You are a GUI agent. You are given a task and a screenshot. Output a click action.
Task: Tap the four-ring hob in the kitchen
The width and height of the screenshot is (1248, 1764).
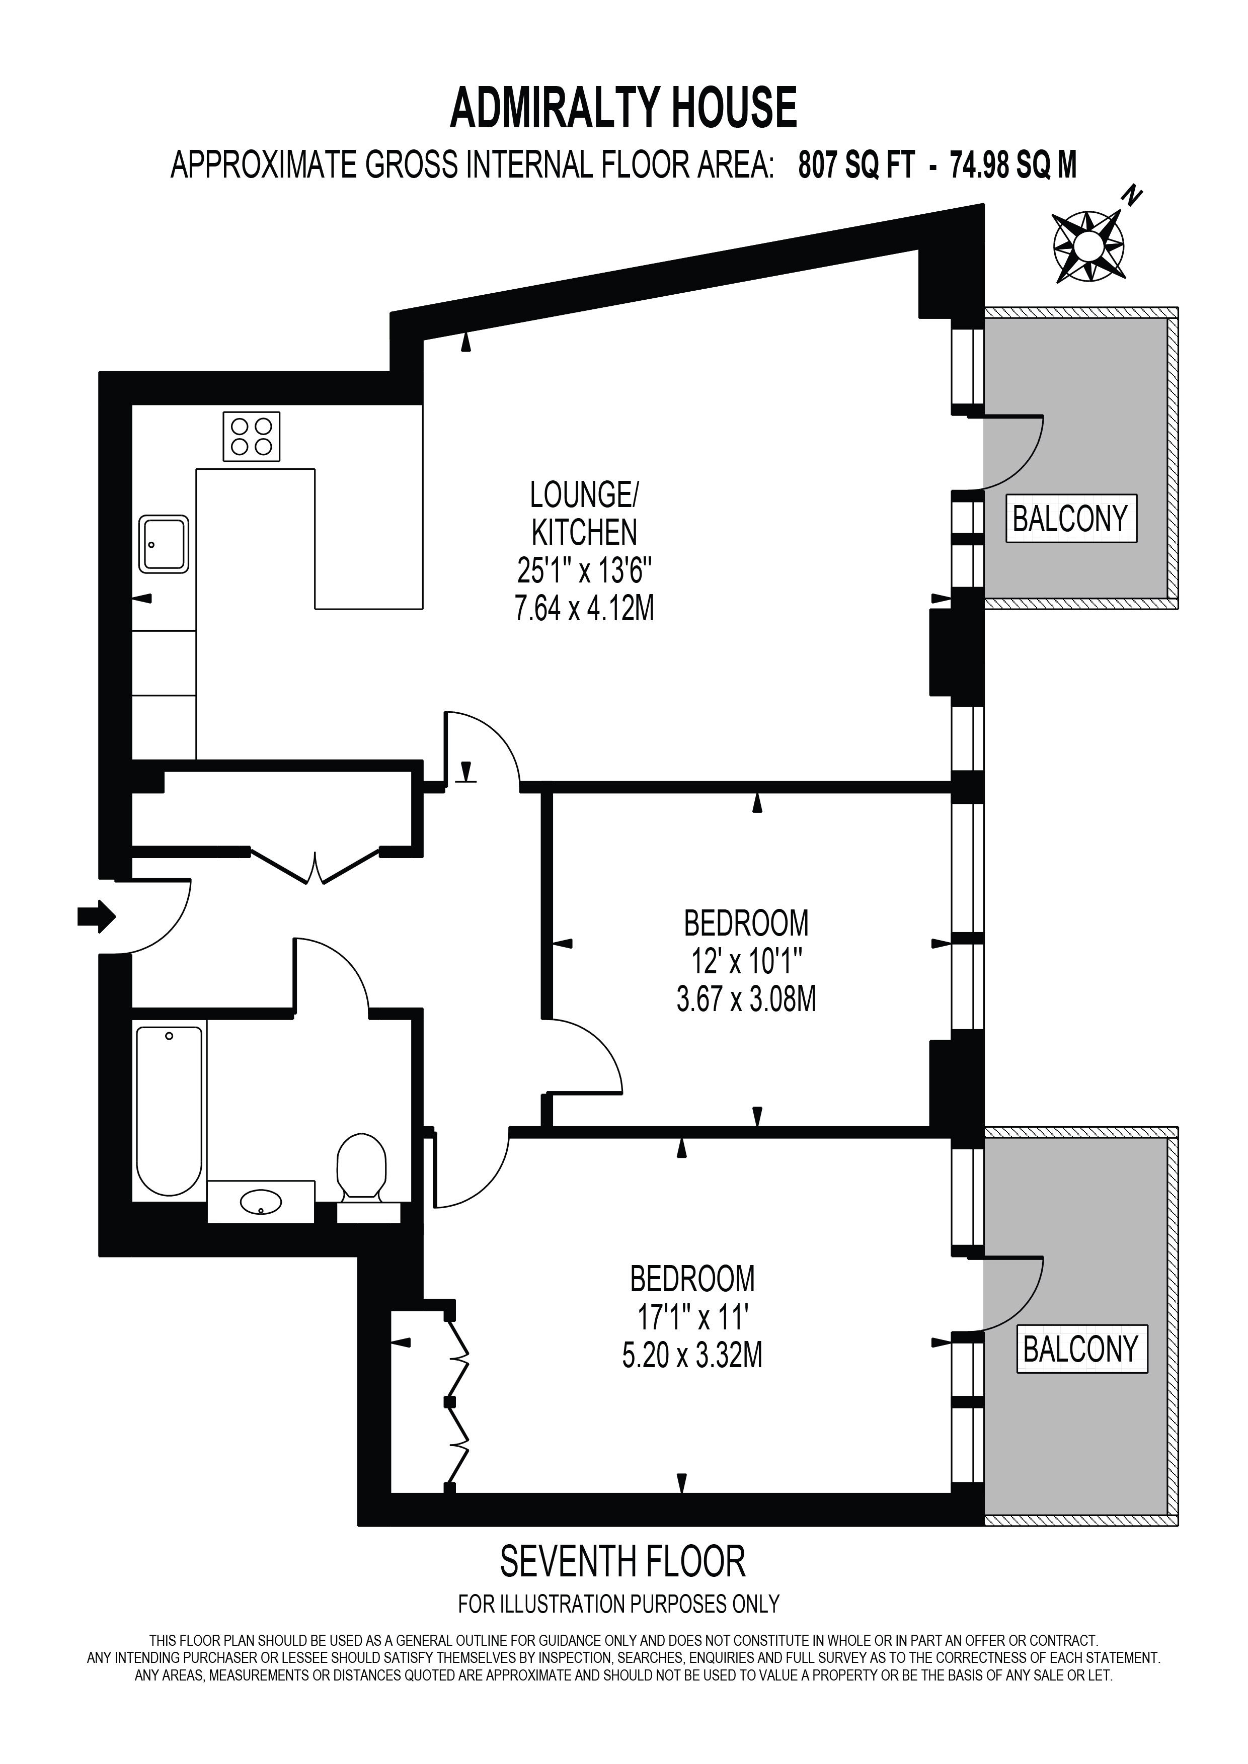pos(251,437)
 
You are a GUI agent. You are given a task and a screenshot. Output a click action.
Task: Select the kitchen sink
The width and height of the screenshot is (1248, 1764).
pos(164,544)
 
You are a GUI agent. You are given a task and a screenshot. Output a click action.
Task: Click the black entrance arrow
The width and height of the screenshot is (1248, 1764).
pos(97,916)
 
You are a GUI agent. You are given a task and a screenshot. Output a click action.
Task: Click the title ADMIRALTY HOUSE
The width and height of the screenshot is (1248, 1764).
pos(623,108)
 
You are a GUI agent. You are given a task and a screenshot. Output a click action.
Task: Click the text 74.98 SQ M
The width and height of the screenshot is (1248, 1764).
pos(1013,165)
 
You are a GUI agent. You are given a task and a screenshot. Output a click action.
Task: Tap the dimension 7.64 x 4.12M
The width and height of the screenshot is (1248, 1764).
pos(584,609)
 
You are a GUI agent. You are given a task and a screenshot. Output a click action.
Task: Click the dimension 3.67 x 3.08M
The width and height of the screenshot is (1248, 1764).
pos(746,999)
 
